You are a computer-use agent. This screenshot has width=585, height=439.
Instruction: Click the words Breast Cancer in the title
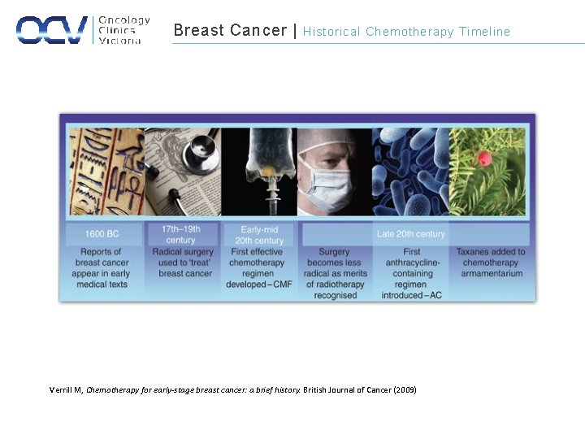[x=230, y=31]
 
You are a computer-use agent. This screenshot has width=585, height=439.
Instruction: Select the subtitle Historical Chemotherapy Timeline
[x=406, y=32]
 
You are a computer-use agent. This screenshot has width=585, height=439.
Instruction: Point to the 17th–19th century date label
[x=180, y=234]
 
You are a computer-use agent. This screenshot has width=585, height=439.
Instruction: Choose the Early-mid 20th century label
[x=259, y=235]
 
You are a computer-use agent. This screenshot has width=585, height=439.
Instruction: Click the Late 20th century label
[x=411, y=234]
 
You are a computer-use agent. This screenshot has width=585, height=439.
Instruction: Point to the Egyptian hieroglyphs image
[x=104, y=171]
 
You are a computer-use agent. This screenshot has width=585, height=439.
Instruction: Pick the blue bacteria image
[x=410, y=171]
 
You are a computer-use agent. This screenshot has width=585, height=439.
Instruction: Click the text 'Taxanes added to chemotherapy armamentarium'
[x=490, y=263]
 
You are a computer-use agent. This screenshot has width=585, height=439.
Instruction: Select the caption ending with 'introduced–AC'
[x=412, y=273]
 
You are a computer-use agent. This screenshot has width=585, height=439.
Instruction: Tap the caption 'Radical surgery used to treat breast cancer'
[x=183, y=263]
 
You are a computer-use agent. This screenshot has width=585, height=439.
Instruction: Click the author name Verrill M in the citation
[x=66, y=390]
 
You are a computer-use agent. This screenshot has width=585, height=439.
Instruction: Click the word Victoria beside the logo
[x=120, y=41]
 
